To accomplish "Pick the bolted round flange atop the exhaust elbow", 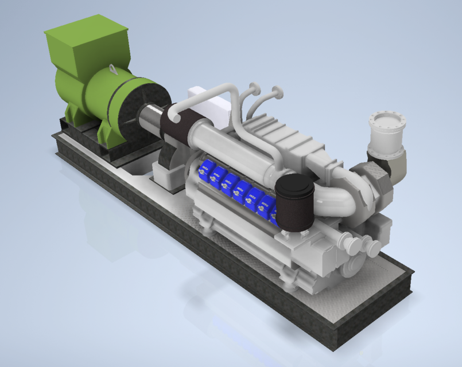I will pyautogui.click(x=388, y=124).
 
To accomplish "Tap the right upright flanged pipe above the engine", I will pyautogui.click(x=278, y=91).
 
